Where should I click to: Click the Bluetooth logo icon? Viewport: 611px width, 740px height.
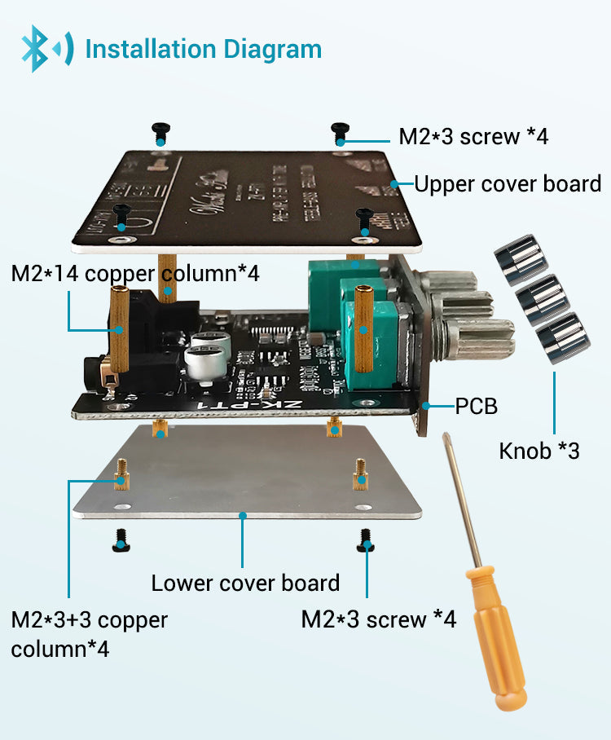click(x=45, y=48)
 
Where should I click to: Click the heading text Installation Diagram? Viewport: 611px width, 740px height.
click(x=204, y=49)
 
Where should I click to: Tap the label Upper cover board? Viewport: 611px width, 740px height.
click(x=508, y=183)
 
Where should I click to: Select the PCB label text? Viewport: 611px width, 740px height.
click(x=476, y=405)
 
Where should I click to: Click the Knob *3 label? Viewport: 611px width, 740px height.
click(x=539, y=450)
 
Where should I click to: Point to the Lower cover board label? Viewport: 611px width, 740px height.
click(x=245, y=584)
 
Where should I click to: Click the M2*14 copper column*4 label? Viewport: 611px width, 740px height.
click(x=135, y=273)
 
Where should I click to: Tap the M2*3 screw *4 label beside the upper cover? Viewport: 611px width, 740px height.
click(x=473, y=136)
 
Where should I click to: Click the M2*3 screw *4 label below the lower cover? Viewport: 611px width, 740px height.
click(x=378, y=619)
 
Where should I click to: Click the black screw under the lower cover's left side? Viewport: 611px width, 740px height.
click(x=121, y=539)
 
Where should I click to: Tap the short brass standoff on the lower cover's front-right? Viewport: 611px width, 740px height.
click(x=359, y=472)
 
